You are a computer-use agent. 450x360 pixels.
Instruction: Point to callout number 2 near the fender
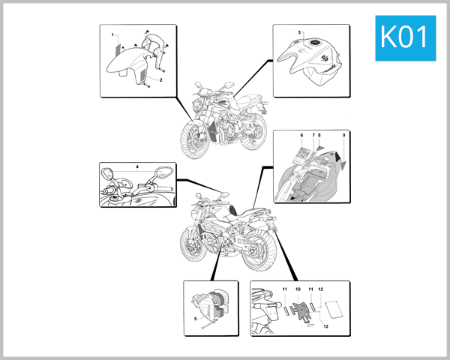(160, 79)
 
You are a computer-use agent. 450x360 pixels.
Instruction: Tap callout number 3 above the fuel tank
(299, 33)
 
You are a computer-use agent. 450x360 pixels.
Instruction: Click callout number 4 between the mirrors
(137, 164)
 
